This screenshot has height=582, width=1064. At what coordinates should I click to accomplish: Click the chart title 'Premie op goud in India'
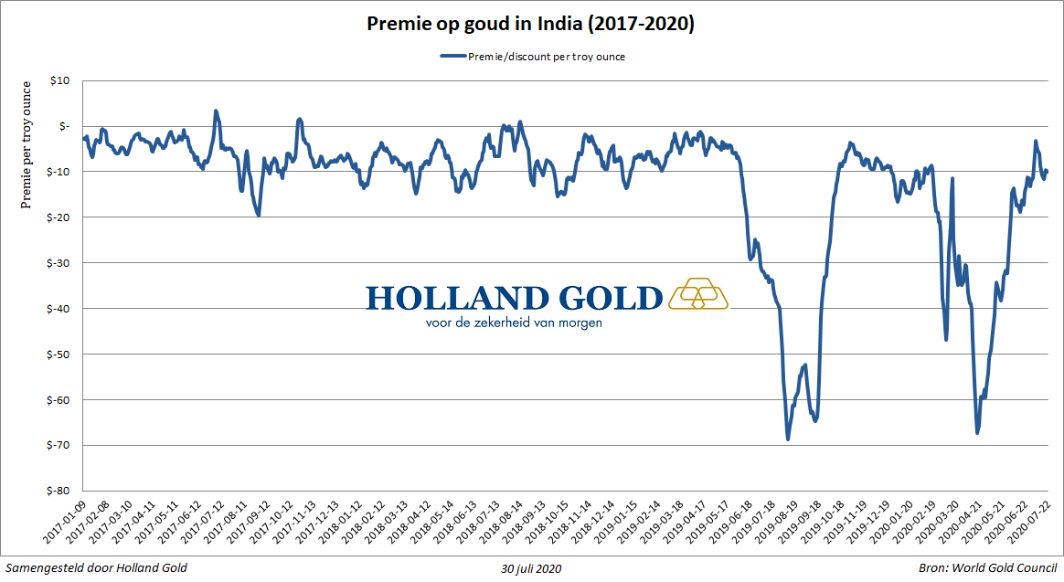[531, 25]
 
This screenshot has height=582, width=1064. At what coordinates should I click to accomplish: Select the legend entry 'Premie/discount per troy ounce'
[546, 57]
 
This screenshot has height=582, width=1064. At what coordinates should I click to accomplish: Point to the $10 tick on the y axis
[59, 80]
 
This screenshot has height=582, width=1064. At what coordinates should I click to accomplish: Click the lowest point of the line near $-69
[788, 439]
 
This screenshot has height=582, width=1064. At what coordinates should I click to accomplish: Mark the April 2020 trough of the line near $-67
[977, 432]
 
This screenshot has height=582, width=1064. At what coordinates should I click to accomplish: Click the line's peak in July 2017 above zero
[216, 111]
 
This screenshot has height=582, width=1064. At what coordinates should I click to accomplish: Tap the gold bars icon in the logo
[699, 294]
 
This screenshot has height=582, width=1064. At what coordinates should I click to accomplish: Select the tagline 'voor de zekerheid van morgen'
[514, 323]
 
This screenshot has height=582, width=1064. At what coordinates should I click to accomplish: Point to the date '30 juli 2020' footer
[531, 568]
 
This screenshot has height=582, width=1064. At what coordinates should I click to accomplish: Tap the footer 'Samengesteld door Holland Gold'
[97, 568]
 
